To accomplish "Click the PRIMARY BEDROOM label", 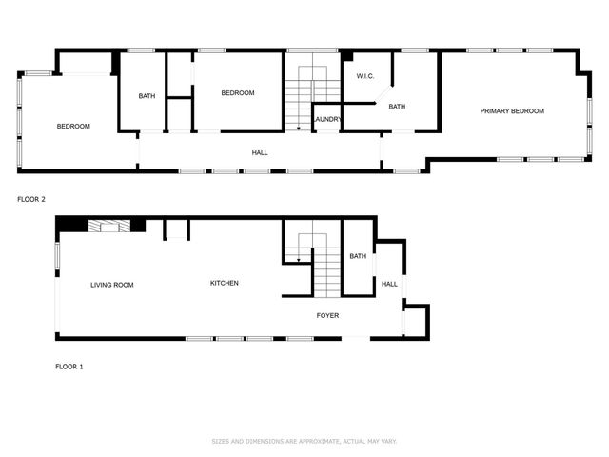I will tap(512, 111).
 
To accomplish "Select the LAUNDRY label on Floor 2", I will tap(327, 119).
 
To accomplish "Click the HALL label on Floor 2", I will tap(259, 152).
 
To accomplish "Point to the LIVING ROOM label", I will tap(111, 285).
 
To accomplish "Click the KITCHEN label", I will tap(225, 283).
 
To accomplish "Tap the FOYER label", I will tap(327, 315).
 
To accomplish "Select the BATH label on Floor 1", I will tap(358, 256).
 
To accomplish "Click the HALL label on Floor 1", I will tap(389, 284).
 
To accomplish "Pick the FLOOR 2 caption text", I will tap(31, 200).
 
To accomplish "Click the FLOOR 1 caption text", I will tap(69, 367).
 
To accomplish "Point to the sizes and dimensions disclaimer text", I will tap(304, 442).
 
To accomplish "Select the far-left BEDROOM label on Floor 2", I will tap(73, 127).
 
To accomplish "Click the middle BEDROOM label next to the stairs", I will tap(238, 92).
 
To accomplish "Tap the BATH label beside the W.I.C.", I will tap(397, 107).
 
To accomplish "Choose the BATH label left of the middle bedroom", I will tap(147, 95).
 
